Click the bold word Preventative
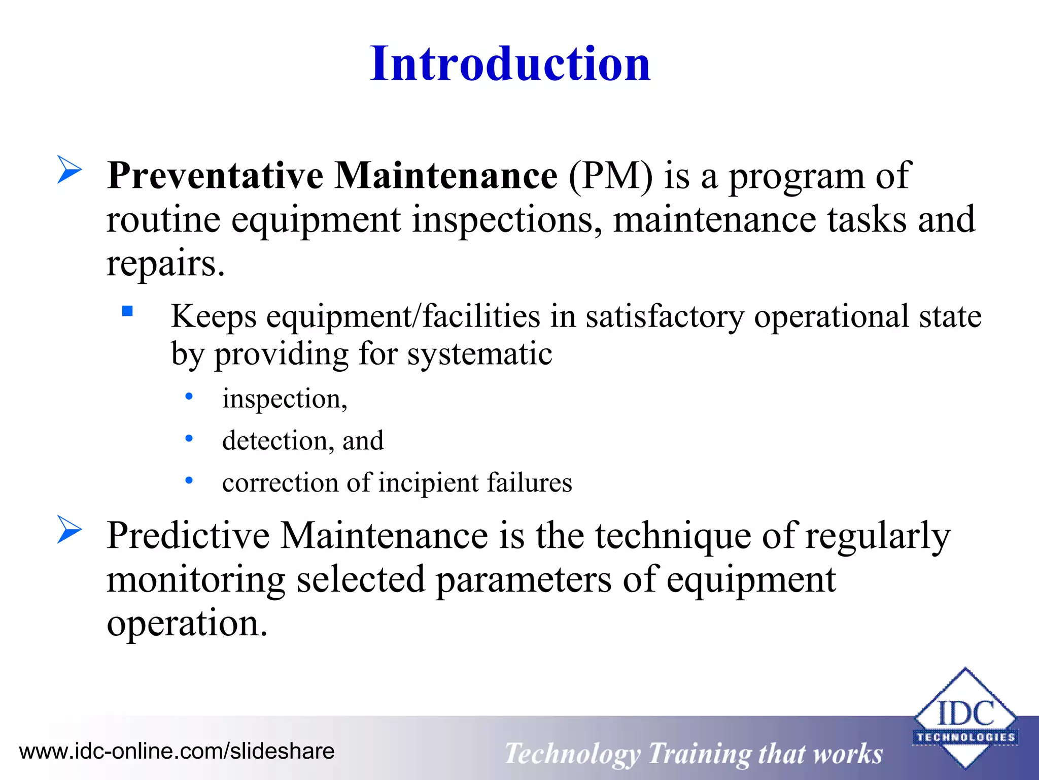click(x=215, y=176)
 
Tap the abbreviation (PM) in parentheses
click(x=610, y=176)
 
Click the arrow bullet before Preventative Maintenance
click(x=69, y=170)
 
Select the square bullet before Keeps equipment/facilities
click(x=127, y=311)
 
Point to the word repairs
click(x=165, y=264)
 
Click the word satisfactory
click(x=665, y=317)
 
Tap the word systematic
click(x=479, y=354)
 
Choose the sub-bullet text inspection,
click(x=285, y=399)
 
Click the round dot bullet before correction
click(x=189, y=480)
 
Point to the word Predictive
click(x=188, y=536)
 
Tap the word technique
click(x=673, y=536)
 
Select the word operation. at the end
click(x=187, y=624)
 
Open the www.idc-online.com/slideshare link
click(x=177, y=751)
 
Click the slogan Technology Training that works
click(x=694, y=754)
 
